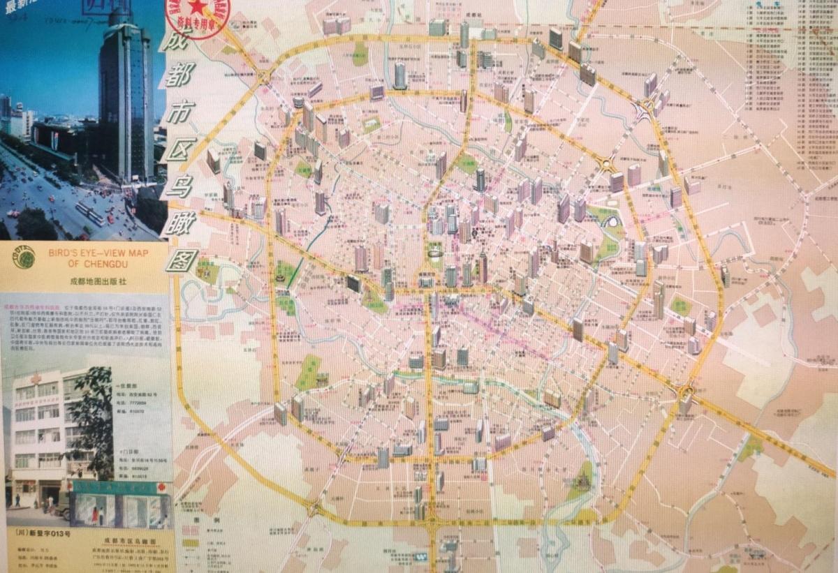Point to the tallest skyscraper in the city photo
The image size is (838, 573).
[126, 98]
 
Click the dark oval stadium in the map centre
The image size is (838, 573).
[354, 283]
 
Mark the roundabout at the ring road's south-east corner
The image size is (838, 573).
[686, 392]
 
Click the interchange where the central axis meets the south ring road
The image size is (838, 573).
[431, 521]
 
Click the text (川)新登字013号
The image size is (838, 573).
[45, 533]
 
